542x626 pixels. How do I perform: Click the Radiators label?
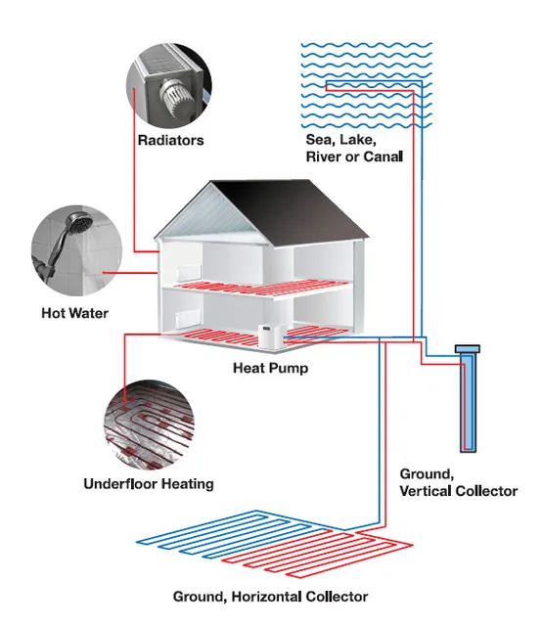click(x=171, y=140)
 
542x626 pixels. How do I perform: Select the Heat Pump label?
click(x=270, y=369)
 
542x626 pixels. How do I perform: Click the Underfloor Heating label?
click(x=149, y=483)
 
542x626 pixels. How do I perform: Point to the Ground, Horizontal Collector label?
click(x=270, y=596)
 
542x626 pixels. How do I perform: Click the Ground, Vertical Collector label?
click(x=458, y=482)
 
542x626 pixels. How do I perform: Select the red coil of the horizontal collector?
click(x=294, y=556)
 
